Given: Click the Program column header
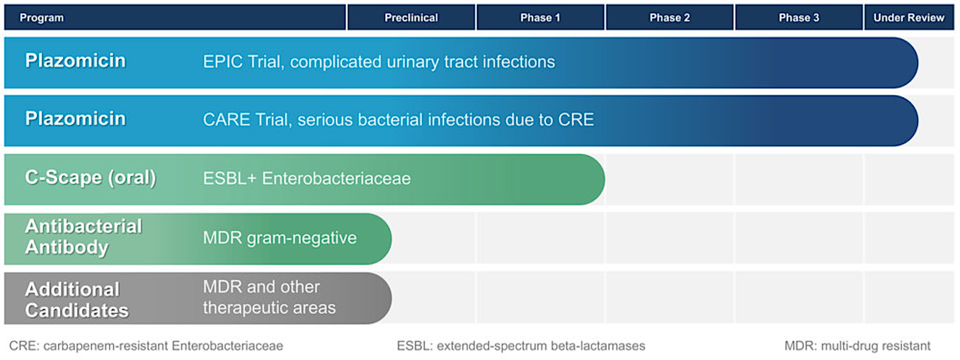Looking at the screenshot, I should [42, 18].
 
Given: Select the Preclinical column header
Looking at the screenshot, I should [411, 18].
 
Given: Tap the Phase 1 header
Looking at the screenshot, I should [540, 18].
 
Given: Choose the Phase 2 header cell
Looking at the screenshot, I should [670, 18].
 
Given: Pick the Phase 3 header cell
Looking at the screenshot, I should [799, 18].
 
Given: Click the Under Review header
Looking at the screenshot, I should [908, 18].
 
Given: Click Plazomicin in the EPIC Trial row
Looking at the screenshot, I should [76, 61].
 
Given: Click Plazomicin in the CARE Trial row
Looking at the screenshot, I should [76, 119].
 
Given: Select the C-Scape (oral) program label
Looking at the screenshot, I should [91, 178].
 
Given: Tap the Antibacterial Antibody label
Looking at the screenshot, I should [83, 237].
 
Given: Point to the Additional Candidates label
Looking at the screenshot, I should [76, 300].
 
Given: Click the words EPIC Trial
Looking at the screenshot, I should [242, 62].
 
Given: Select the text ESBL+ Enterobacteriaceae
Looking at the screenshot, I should [307, 179].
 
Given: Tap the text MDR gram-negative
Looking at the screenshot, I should [280, 238].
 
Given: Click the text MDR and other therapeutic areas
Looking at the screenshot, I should [269, 298].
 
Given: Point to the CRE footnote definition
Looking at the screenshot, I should [146, 346].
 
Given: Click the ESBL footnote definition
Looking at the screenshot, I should [521, 346].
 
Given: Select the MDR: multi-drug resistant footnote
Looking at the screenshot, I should [857, 346].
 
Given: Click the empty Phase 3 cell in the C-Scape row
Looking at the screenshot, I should [799, 179].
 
